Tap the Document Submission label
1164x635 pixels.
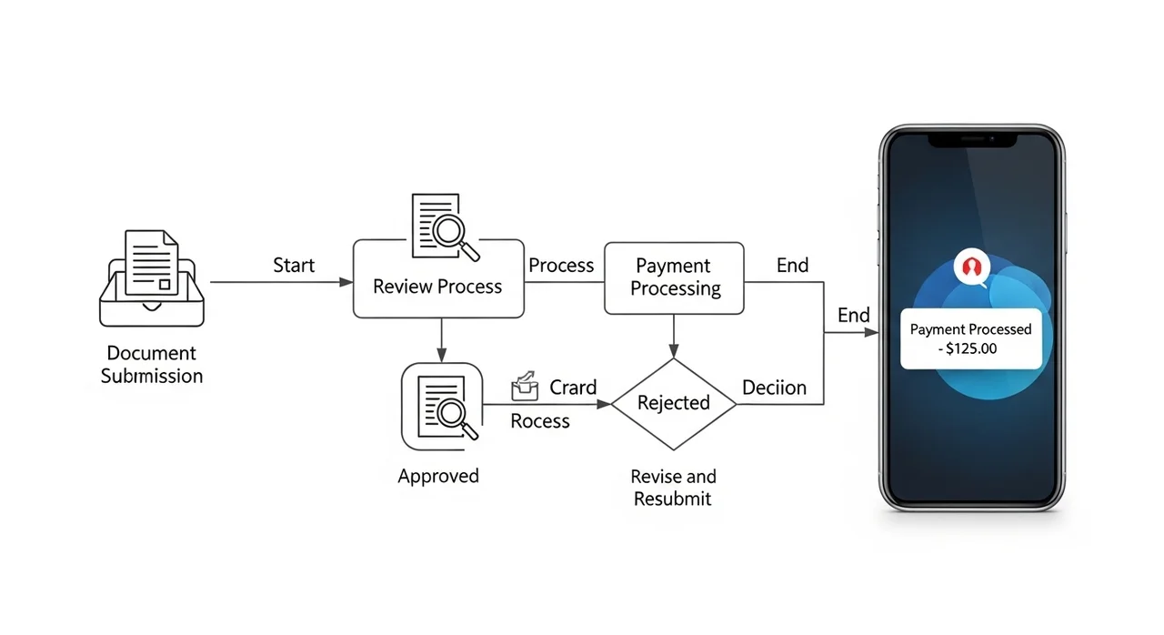pos(152,364)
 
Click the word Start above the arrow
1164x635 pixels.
pos(294,266)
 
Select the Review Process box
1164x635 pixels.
pos(438,279)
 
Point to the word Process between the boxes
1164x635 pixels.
pos(561,266)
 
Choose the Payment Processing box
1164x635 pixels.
pos(675,278)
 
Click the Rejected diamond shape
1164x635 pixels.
pos(673,403)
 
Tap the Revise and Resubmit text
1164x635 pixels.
pos(673,488)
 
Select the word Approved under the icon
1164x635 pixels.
pos(438,476)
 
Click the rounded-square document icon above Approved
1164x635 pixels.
pos(442,406)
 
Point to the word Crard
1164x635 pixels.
pos(573,388)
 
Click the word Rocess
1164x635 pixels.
pos(540,421)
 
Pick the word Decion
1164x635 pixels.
pos(774,388)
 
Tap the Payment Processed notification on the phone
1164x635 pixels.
pos(970,338)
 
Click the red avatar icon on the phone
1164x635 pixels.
pos(970,267)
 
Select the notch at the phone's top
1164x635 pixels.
pos(971,140)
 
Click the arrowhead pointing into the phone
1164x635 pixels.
pos(872,333)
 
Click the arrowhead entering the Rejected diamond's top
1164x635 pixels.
pos(673,352)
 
